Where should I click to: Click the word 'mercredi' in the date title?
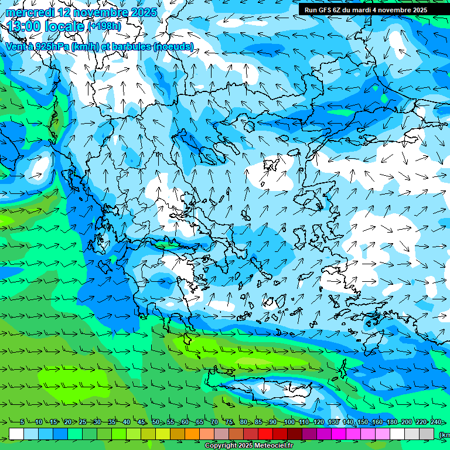30,12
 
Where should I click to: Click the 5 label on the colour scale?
22,422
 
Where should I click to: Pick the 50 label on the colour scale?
156,422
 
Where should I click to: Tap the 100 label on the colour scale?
289,422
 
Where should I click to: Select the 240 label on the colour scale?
436,422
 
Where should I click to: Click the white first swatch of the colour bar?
16,434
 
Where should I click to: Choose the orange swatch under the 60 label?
178,434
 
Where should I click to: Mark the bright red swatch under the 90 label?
265,434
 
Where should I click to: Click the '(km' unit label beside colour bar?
444,434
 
